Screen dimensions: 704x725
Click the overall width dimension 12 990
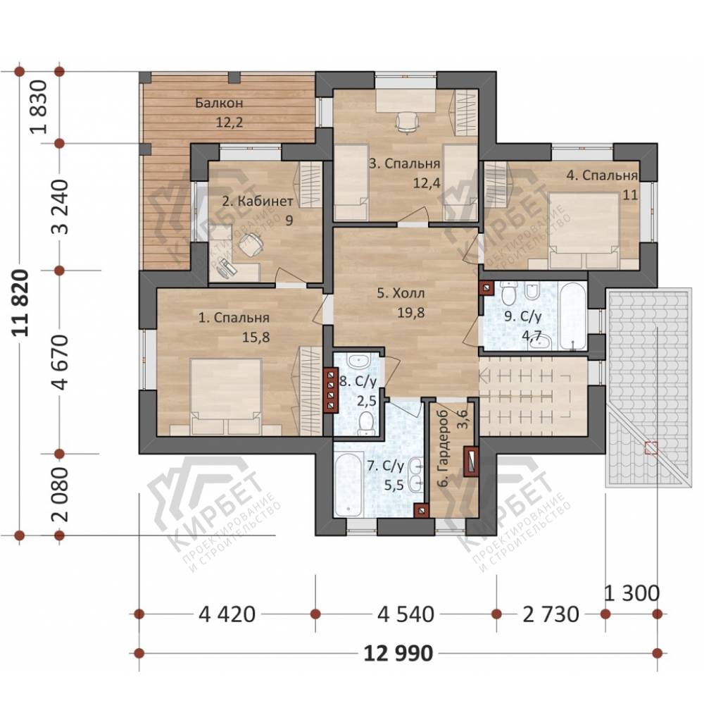[x=398, y=653]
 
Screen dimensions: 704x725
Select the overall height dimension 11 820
[x=21, y=302]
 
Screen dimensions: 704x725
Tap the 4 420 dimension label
[x=227, y=614]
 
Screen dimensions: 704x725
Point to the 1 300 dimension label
[x=631, y=593]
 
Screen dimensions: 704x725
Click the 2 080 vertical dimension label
[x=61, y=495]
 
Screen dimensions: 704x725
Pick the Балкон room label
[x=219, y=103]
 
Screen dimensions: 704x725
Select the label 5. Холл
[x=401, y=293]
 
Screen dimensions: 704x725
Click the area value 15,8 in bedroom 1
[x=256, y=337]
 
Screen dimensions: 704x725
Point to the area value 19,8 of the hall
[x=410, y=313]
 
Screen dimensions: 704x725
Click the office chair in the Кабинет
[x=250, y=244]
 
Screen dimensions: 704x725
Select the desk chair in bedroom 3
[x=406, y=123]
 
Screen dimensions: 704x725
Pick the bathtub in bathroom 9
[x=572, y=317]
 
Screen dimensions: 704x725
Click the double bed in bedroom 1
[x=226, y=397]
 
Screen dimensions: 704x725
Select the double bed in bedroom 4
[x=584, y=230]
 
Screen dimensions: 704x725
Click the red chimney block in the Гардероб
[x=472, y=461]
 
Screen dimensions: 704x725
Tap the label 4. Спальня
[x=602, y=175]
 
